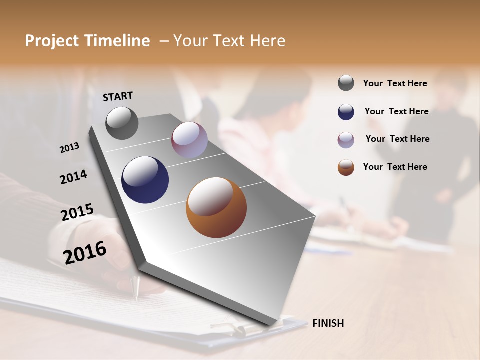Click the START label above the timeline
118,96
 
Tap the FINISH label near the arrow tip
328,323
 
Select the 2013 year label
70,147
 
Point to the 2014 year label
73,177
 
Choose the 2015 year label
77,212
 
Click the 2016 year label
85,252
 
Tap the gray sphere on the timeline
122,123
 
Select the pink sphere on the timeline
189,140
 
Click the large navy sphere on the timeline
145,179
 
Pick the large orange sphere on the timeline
216,207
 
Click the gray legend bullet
346,83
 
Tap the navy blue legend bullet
346,112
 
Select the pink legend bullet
346,140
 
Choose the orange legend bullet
346,167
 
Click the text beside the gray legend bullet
395,83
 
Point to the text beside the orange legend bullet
395,167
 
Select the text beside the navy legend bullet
396,111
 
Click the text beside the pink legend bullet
397,139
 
